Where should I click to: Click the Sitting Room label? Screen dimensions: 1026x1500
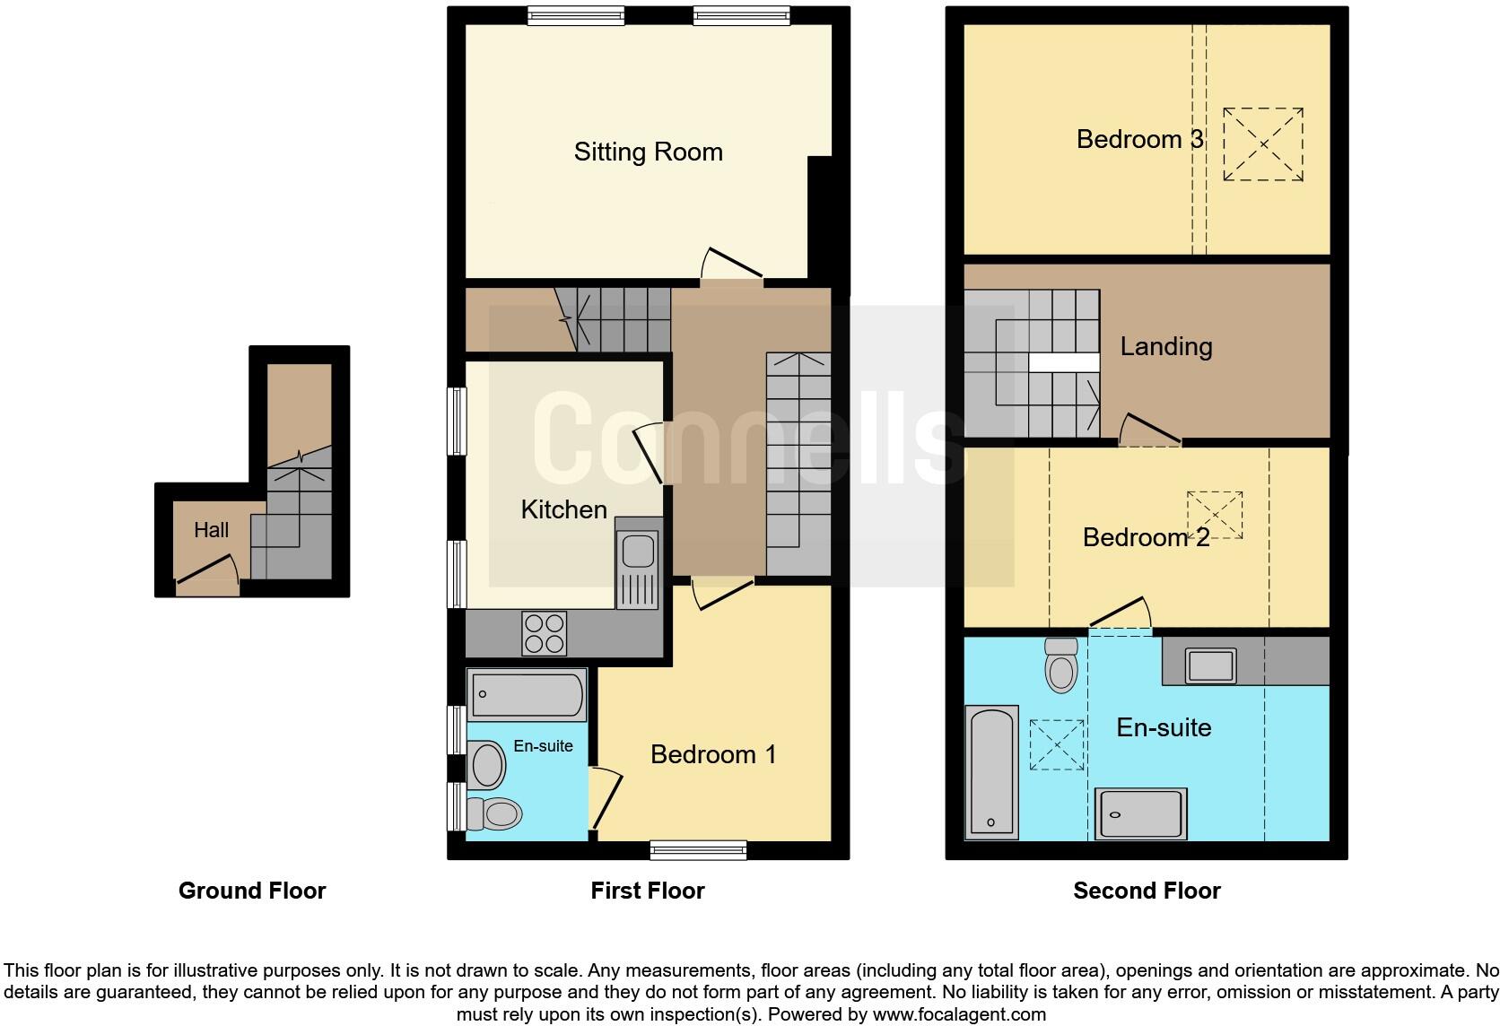[648, 152]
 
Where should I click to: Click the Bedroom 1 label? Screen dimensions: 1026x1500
[713, 754]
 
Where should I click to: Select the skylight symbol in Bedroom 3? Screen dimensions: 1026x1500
[1263, 144]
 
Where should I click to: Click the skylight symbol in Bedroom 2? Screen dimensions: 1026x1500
[1215, 515]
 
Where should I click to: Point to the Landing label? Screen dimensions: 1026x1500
[1165, 346]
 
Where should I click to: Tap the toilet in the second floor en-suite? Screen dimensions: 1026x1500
[1061, 666]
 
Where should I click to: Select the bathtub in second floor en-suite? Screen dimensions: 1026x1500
[991, 772]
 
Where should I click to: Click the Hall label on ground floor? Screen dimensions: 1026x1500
[211, 530]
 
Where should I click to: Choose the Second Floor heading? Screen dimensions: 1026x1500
[1147, 891]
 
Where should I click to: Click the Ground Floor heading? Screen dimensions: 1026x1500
[252, 891]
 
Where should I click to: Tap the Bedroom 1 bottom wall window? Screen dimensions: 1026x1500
[698, 849]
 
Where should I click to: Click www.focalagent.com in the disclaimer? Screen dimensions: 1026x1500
[958, 1014]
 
